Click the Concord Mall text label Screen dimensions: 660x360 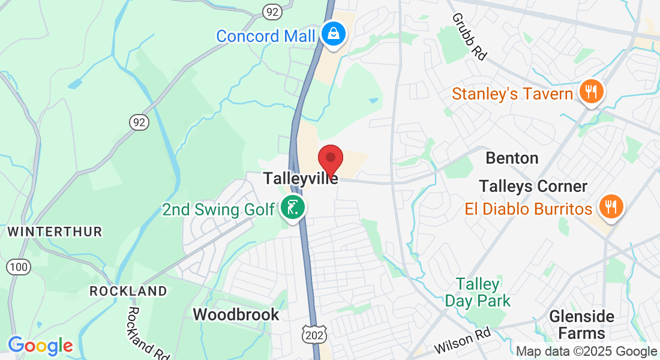[265, 36]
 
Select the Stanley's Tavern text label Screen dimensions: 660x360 [512, 94]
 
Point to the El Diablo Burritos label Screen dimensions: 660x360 [529, 209]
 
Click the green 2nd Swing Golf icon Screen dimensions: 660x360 [293, 208]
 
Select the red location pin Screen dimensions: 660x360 [329, 160]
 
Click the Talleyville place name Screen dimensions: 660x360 [301, 179]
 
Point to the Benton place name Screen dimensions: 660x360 [512, 158]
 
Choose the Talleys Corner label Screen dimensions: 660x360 [533, 186]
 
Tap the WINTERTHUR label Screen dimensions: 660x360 [55, 232]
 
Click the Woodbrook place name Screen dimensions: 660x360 [236, 314]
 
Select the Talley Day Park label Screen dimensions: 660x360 [478, 292]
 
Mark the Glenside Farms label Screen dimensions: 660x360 [582, 325]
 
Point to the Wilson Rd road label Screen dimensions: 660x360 [462, 341]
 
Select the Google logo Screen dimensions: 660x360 [40, 346]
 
